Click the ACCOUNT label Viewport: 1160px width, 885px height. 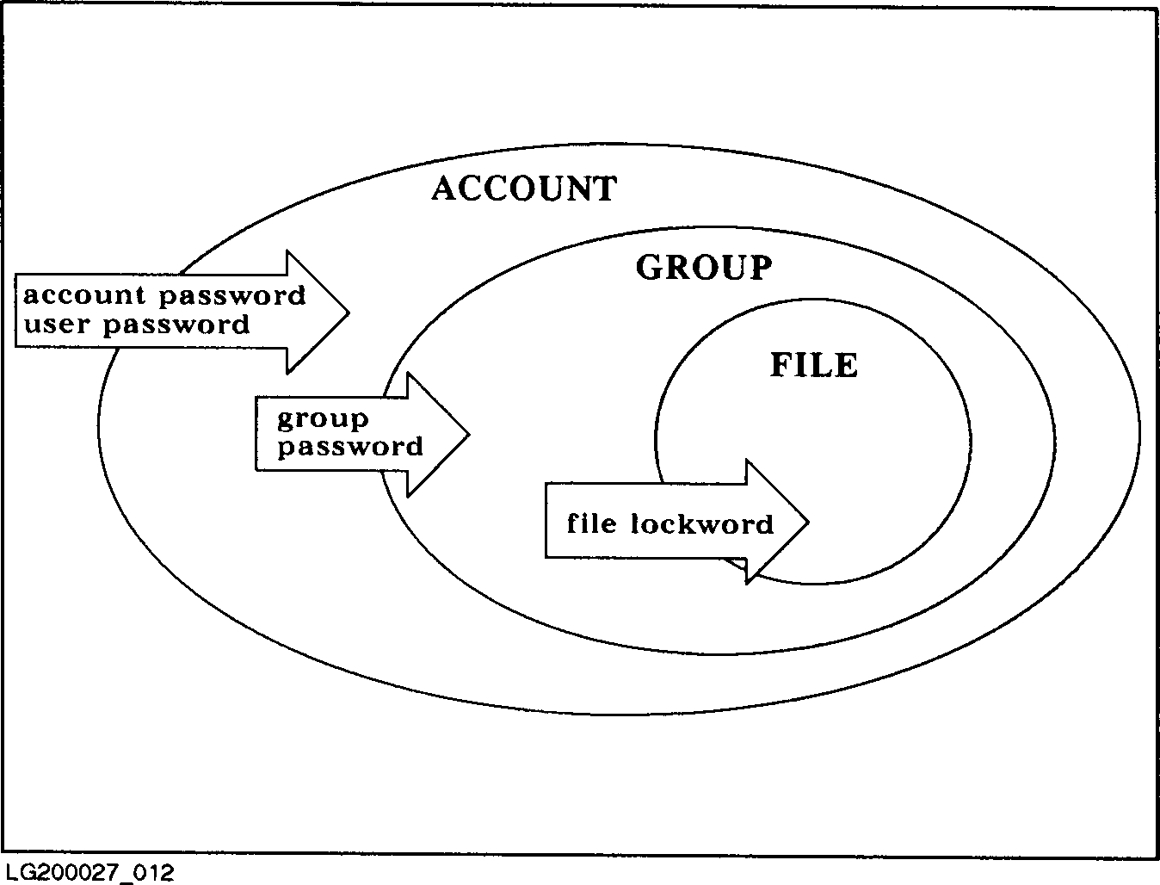pos(524,189)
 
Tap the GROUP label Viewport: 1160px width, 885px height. pos(704,268)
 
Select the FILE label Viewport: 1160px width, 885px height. pos(813,365)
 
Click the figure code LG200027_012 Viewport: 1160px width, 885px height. pos(89,872)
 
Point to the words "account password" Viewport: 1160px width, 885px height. pos(164,296)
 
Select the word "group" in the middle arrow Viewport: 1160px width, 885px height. pos(323,420)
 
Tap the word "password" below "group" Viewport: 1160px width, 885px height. pos(350,447)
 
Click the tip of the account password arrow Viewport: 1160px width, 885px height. pos(347,312)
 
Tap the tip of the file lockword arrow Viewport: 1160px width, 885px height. pos(806,521)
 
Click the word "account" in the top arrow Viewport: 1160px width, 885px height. pos(83,296)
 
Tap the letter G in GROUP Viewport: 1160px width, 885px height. pos(650,268)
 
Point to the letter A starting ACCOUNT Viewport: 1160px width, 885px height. pos(444,189)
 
